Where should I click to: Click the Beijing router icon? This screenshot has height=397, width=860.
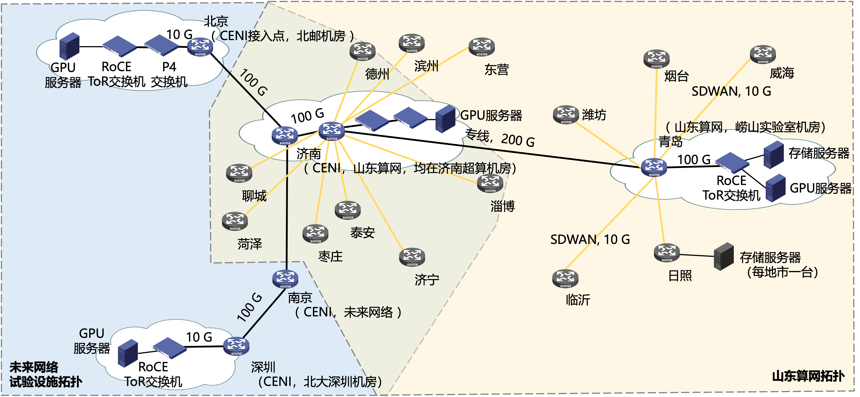point(200,47)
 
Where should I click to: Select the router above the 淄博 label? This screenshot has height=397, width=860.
point(490,183)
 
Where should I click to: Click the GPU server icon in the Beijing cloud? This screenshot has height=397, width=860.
point(69,47)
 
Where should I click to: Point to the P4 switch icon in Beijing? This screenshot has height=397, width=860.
point(162,45)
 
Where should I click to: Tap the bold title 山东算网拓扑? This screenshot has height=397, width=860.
point(808,376)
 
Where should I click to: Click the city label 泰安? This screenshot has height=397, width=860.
point(363,233)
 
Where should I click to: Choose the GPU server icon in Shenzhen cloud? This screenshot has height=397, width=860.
point(128,353)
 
